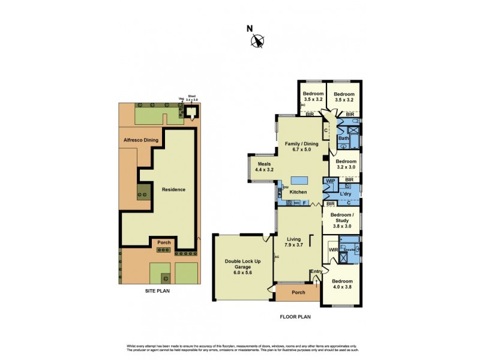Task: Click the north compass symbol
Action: tap(257, 40)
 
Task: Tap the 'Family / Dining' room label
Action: tap(302, 136)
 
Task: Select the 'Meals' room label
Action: tap(265, 164)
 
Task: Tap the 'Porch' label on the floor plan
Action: tap(298, 292)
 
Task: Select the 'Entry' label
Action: tap(316, 272)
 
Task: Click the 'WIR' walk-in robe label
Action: tap(333, 249)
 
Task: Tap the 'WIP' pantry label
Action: tap(330, 181)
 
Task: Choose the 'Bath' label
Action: tap(343, 139)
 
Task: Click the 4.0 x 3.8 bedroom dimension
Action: tap(343, 287)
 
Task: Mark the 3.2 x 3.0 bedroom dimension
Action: tap(346, 168)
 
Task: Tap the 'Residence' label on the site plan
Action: tap(173, 190)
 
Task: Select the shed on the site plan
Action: tap(191, 112)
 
